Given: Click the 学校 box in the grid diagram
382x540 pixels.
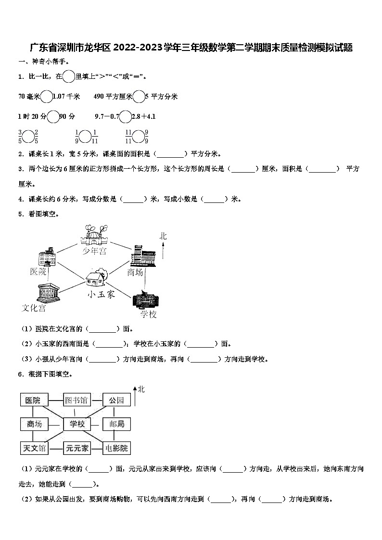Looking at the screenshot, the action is (x=77, y=424).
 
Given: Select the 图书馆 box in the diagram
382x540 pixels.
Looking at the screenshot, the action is (x=77, y=400).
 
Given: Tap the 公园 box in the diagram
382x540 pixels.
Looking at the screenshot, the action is (x=116, y=400).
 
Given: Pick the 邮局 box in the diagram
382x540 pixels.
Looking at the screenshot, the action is (x=116, y=424).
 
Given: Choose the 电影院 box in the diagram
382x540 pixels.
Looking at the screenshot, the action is (x=116, y=448).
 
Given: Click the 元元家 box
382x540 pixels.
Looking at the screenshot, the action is (x=77, y=448).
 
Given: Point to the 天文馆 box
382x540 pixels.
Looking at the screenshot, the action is (x=34, y=448).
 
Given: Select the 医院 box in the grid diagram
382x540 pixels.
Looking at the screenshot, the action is (x=34, y=400).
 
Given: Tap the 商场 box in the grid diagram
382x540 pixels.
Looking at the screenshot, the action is (x=34, y=424).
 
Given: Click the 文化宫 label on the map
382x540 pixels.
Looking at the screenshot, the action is (x=34, y=308).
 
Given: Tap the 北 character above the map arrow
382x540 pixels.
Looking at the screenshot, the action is (x=164, y=236).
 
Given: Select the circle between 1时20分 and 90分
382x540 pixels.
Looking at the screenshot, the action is (x=52, y=116).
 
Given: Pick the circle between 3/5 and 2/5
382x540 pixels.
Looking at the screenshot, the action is (x=28, y=137).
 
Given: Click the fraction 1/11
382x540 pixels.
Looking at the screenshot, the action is (x=95, y=137).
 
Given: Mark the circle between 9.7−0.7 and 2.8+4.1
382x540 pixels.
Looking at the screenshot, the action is (x=125, y=116).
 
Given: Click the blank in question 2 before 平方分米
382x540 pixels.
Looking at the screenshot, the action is (x=170, y=154).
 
